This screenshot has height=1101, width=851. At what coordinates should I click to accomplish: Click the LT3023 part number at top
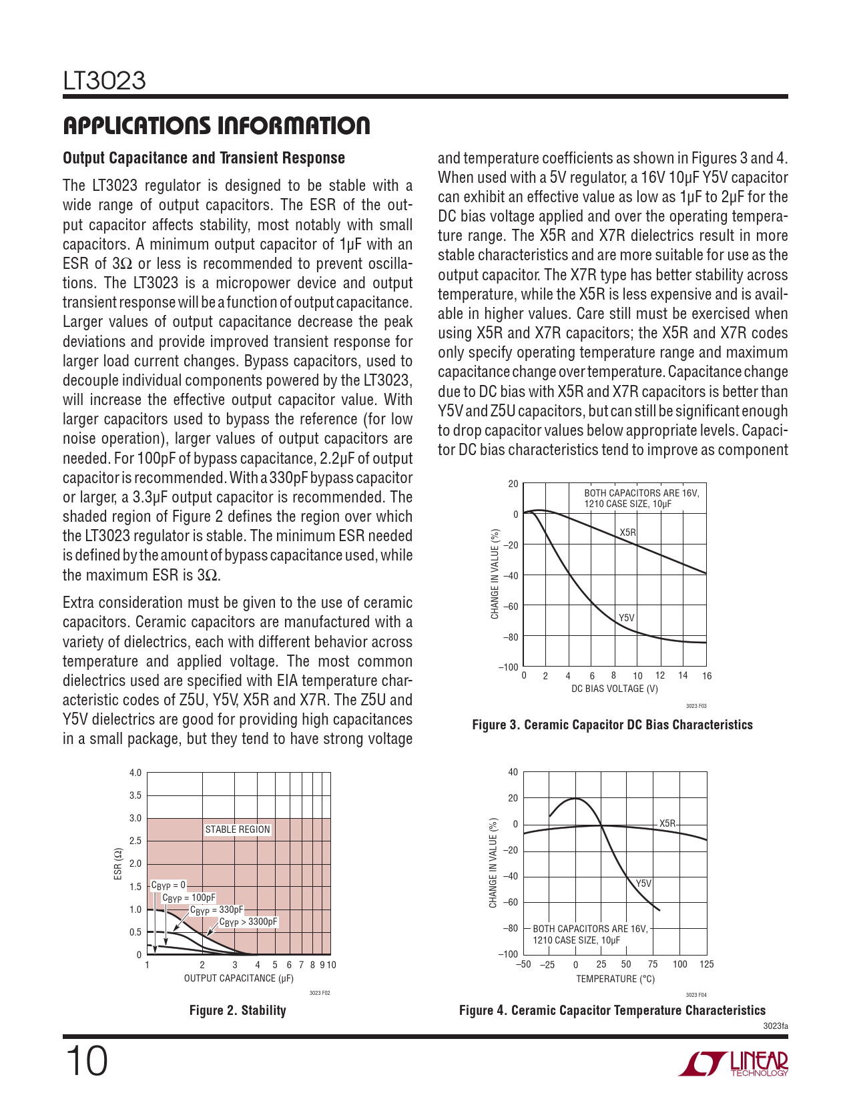[104, 81]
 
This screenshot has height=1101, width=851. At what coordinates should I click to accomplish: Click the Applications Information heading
[216, 125]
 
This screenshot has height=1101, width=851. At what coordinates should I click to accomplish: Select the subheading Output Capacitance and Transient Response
[204, 158]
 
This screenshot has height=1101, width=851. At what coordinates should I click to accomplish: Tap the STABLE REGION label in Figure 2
[238, 829]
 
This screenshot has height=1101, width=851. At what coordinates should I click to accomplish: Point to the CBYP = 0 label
[168, 885]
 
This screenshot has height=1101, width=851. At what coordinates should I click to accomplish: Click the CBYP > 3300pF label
[248, 922]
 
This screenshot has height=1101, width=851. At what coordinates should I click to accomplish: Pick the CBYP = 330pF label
[217, 910]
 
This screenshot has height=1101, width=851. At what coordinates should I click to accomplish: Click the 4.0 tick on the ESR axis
[135, 773]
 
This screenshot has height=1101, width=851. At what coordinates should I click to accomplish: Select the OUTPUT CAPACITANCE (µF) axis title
[238, 978]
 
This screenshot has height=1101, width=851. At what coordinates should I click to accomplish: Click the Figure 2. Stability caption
[238, 1010]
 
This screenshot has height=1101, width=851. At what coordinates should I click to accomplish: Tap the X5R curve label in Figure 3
[628, 532]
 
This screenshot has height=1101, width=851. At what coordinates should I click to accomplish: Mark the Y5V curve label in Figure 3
[626, 618]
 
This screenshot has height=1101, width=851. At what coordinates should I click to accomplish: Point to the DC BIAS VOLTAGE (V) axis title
[614, 689]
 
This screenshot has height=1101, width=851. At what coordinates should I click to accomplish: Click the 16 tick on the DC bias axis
[707, 676]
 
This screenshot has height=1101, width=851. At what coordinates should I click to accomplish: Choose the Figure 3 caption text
[612, 725]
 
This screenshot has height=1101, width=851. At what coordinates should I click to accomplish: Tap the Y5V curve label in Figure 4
[643, 883]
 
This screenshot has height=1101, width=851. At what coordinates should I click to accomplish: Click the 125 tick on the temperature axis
[706, 964]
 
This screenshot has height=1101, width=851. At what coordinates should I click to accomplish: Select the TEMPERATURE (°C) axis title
[615, 979]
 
